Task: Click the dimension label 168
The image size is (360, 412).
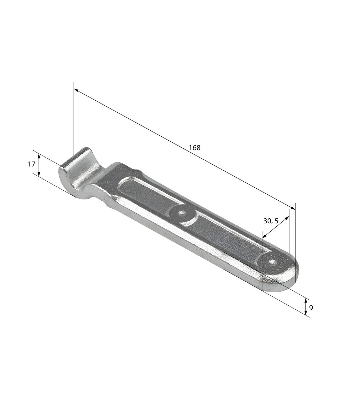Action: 195,148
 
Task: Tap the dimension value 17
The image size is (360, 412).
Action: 31,164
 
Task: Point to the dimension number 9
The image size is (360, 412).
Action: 311,313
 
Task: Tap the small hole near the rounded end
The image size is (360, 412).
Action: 273,262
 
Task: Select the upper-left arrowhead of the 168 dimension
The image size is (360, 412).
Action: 76,90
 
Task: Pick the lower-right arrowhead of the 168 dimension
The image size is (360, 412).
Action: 293,208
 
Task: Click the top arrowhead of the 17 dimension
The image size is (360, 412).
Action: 39,156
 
